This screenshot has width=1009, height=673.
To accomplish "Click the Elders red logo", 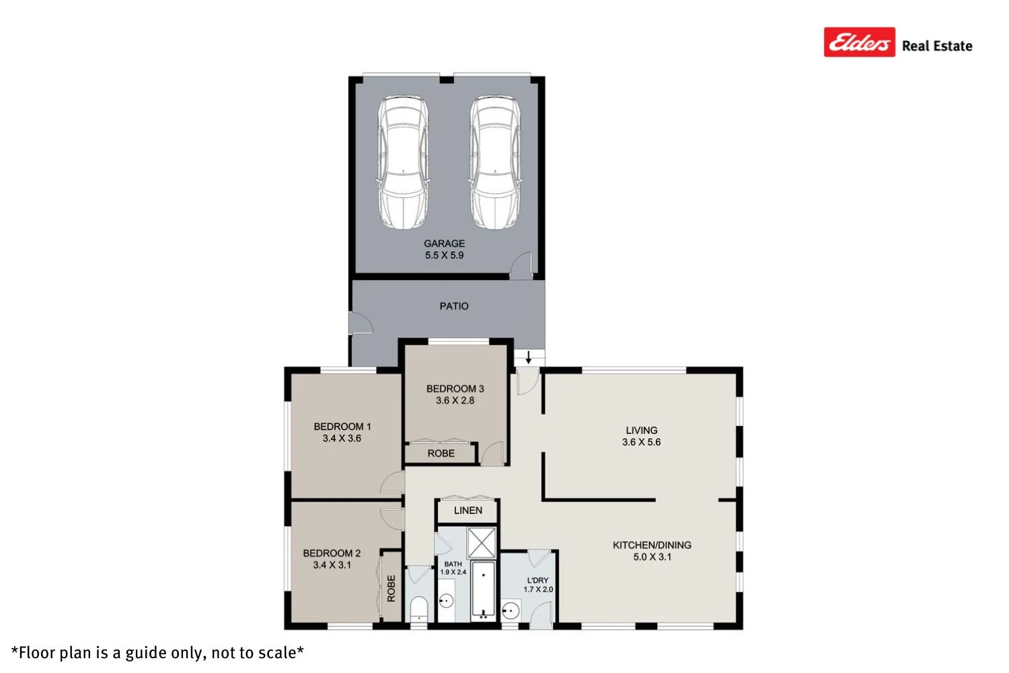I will pyautogui.click(x=859, y=42).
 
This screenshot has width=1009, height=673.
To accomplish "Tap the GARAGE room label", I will pyautogui.click(x=444, y=244).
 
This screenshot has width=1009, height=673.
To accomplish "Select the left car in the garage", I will pyautogui.click(x=402, y=162).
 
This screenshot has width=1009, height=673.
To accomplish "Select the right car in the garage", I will pyautogui.click(x=494, y=162).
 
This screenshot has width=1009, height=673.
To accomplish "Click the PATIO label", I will pyautogui.click(x=454, y=306).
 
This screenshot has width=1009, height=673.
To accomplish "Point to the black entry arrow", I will pyautogui.click(x=529, y=357).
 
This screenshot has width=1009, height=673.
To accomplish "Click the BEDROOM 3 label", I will pyautogui.click(x=455, y=389).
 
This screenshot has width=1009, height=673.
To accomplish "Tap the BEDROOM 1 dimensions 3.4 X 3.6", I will pyautogui.click(x=342, y=438).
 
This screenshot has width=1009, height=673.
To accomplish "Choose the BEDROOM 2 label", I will pyautogui.click(x=332, y=553).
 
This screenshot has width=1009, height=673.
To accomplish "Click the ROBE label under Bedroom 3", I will pyautogui.click(x=441, y=454).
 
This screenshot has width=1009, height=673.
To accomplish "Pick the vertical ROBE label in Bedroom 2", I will pyautogui.click(x=391, y=588).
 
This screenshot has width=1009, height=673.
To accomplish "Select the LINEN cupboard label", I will pyautogui.click(x=468, y=511).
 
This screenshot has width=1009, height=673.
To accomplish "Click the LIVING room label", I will pyautogui.click(x=641, y=431).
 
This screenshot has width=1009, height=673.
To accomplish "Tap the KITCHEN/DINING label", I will pyautogui.click(x=652, y=545).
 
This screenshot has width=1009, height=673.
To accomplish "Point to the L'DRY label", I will pyautogui.click(x=537, y=580).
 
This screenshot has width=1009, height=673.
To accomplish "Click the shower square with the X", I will pyautogui.click(x=481, y=542).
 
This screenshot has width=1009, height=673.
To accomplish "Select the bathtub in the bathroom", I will pyautogui.click(x=483, y=590).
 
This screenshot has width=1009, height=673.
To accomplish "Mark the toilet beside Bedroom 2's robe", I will pyautogui.click(x=418, y=607).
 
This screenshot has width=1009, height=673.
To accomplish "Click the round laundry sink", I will pyautogui.click(x=511, y=611).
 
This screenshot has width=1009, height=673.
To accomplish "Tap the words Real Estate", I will pyautogui.click(x=937, y=46).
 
